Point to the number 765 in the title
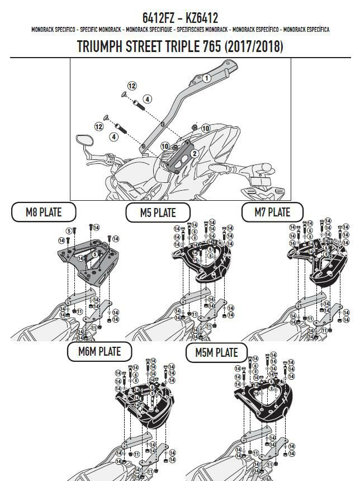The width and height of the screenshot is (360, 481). point(210,47)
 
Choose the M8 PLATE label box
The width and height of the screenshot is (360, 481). point(43,211)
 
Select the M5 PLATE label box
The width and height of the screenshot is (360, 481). point(158,213)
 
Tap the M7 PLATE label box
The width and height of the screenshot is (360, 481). point(272,212)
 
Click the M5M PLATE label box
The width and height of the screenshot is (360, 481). point(216,352)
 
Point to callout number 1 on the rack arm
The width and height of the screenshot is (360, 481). point(206,78)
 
